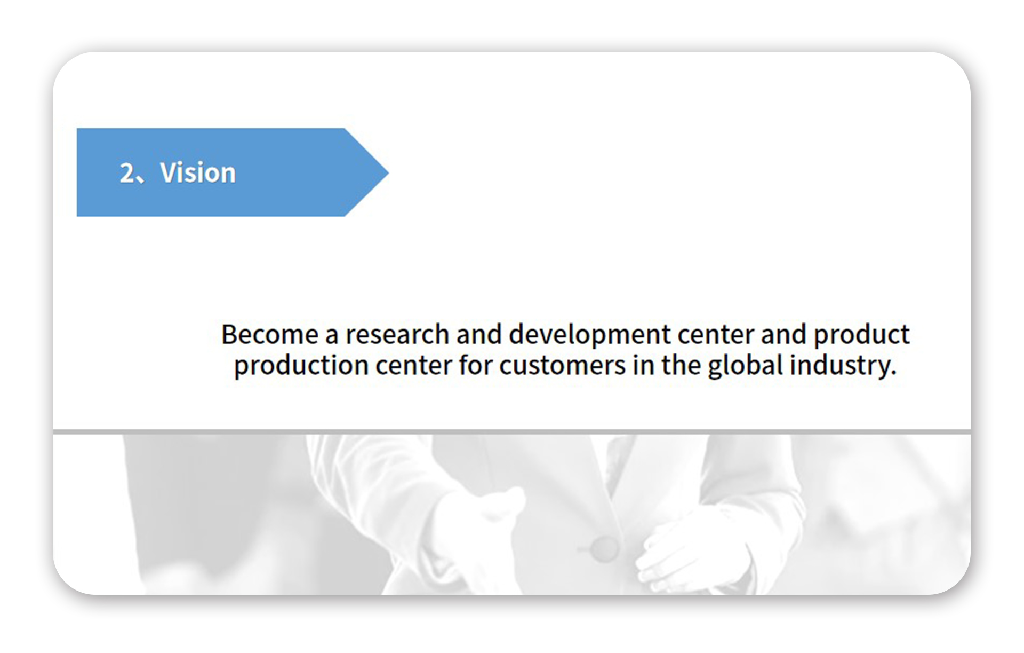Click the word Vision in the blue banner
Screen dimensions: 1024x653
click(x=198, y=172)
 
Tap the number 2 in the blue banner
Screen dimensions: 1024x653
click(x=127, y=173)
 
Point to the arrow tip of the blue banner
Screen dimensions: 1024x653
click(x=388, y=172)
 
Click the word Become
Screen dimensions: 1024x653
click(x=270, y=335)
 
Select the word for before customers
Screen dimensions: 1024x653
click(x=476, y=366)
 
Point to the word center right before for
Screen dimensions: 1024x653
click(x=414, y=366)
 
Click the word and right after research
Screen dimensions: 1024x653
click(x=479, y=335)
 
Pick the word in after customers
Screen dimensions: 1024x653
click(x=643, y=366)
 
